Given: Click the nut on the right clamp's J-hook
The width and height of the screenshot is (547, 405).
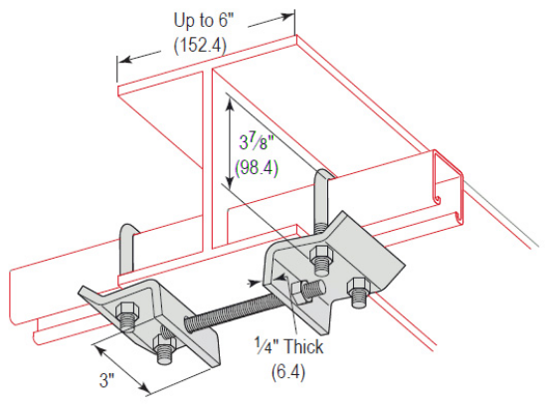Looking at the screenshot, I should pos(320,262).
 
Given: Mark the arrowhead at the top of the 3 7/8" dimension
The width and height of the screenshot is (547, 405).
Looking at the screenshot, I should pos(230,99).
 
